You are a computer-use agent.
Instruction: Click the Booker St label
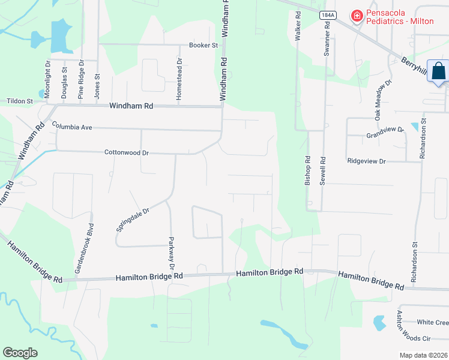click(202, 45)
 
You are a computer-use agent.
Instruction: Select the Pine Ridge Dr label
click(81, 79)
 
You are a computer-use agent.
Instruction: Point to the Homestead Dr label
click(179, 79)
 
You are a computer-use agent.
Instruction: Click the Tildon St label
click(20, 101)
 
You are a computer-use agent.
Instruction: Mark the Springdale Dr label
click(132, 216)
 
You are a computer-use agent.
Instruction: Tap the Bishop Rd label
click(308, 171)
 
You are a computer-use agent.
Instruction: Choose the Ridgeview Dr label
click(366, 161)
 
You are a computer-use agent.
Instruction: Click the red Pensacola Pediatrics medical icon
click(357, 15)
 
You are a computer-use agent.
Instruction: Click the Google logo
click(20, 353)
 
